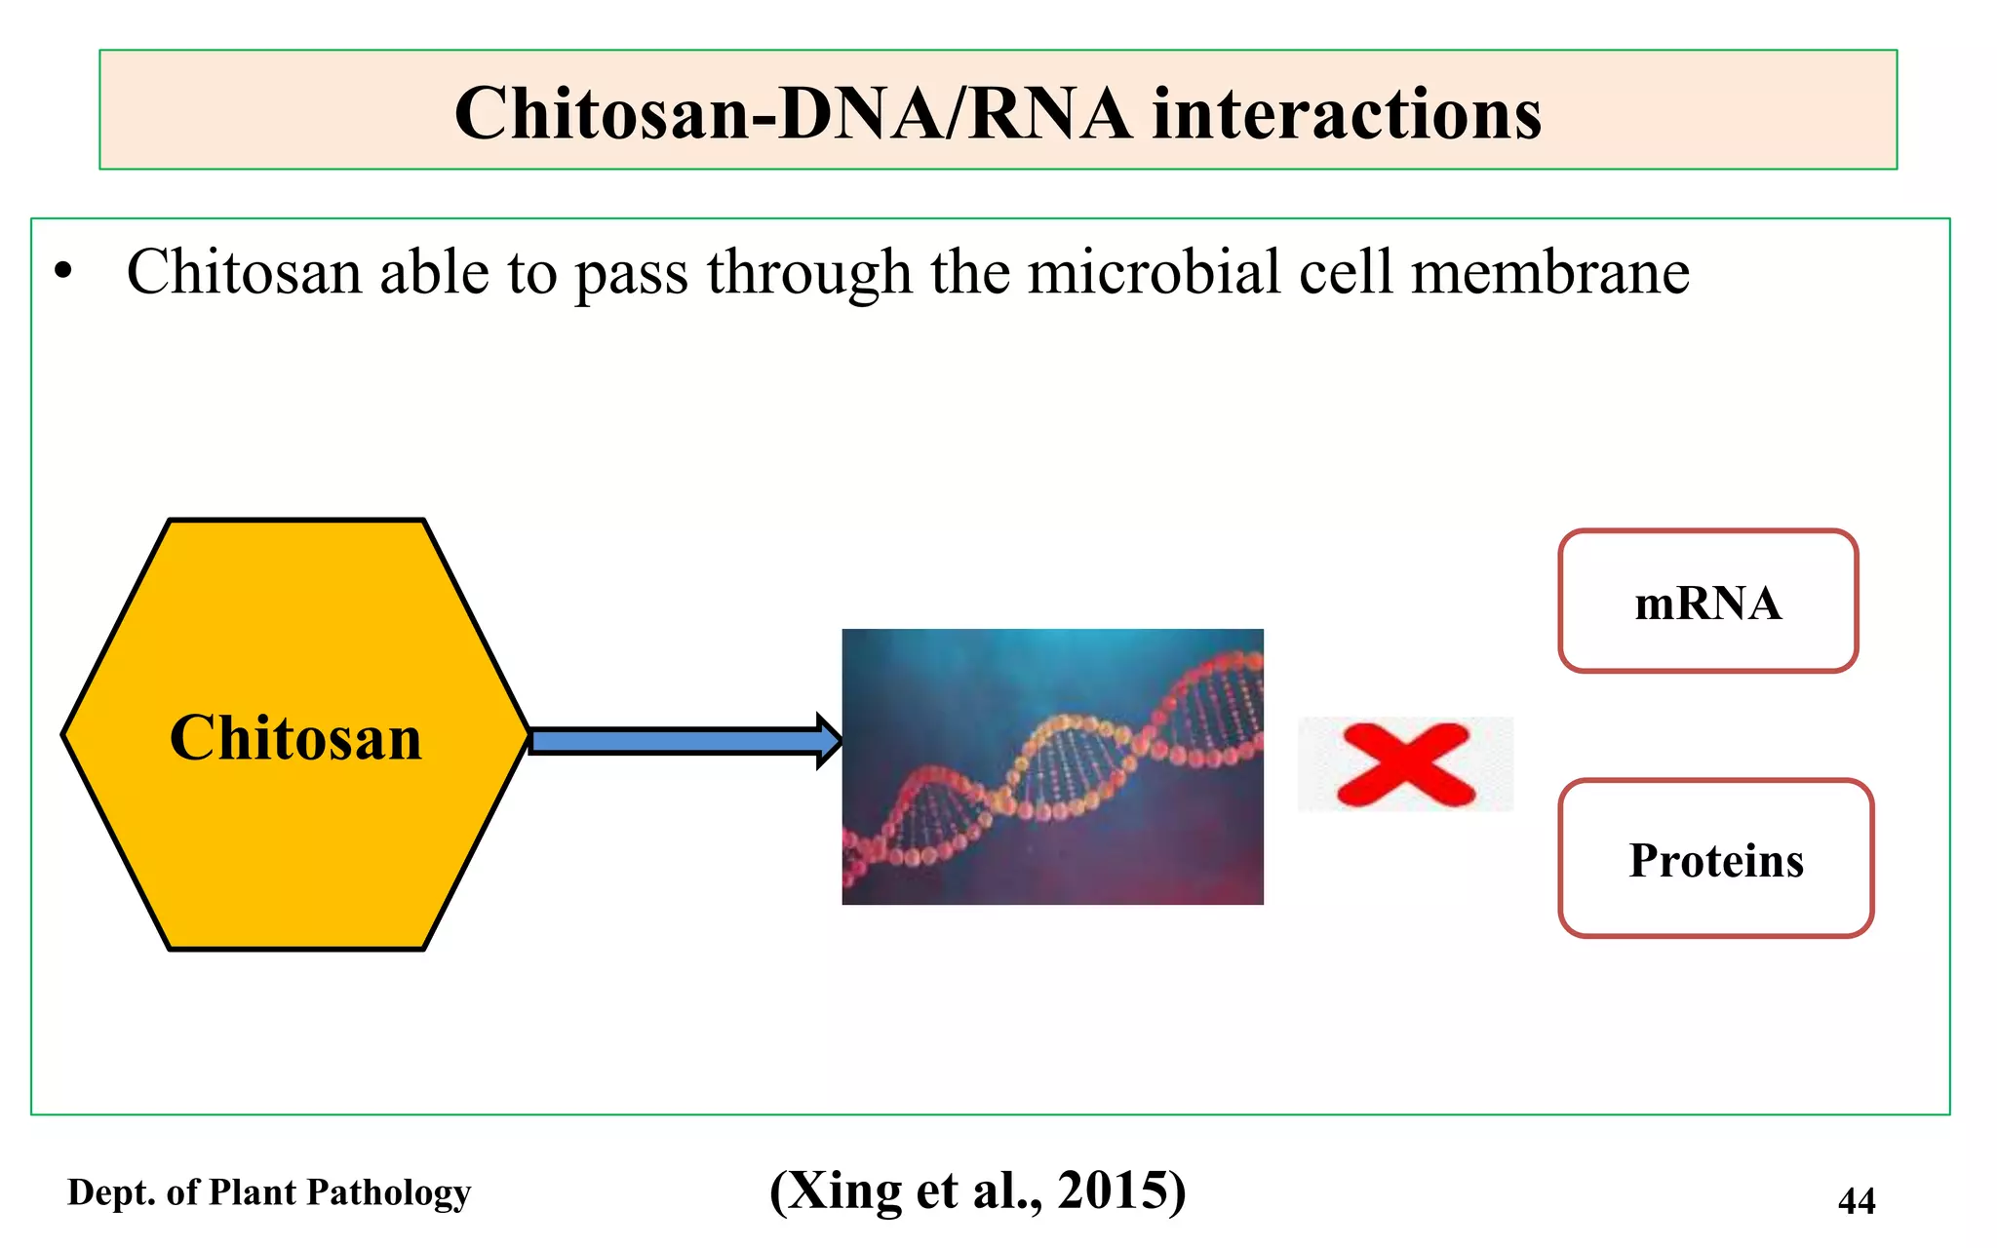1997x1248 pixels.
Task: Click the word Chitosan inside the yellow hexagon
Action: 295,738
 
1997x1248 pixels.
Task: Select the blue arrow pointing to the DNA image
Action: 683,742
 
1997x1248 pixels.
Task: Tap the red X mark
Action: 1405,764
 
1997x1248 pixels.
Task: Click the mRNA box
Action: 1707,603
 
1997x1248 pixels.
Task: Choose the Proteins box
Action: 1715,860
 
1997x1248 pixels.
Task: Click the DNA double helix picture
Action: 1052,766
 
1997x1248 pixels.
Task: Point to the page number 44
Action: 1856,1200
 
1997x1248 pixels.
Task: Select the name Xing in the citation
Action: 844,1190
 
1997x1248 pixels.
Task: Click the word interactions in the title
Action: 1347,114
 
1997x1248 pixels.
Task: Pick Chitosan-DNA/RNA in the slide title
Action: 792,114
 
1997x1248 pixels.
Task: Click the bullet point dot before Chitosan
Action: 63,273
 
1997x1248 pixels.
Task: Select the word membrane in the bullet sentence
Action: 1549,272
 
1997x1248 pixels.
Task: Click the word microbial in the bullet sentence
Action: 1154,272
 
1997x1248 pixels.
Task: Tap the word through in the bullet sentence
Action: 808,274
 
